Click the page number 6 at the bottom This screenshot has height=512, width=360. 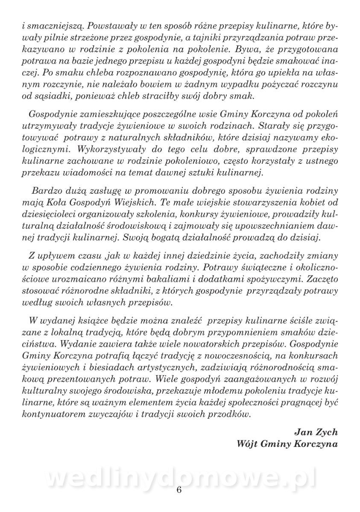pos(179,489)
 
